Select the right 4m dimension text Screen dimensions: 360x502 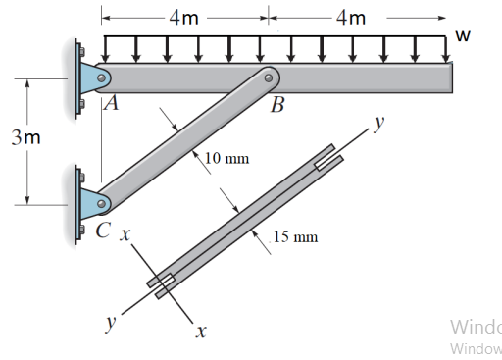tap(350, 17)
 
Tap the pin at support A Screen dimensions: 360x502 tap(100, 77)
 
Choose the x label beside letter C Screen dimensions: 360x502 tap(125, 235)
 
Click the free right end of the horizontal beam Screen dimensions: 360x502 tap(450, 77)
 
